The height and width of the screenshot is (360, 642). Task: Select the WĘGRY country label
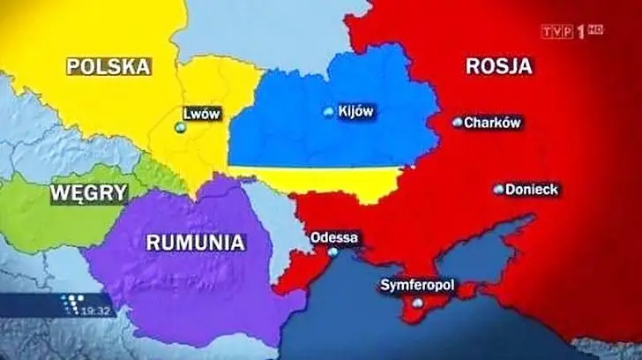pyautogui.click(x=88, y=193)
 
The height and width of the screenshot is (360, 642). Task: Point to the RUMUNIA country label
pyautogui.click(x=195, y=241)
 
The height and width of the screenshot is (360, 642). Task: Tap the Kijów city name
pyautogui.click(x=357, y=111)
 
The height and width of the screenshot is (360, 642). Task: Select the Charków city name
pyautogui.click(x=492, y=123)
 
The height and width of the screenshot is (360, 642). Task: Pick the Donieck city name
pyautogui.click(x=533, y=190)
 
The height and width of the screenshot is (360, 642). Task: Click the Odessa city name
pyautogui.click(x=334, y=237)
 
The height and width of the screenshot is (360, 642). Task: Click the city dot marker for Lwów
pyautogui.click(x=181, y=129)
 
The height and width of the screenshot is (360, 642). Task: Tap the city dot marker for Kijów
pyautogui.click(x=330, y=111)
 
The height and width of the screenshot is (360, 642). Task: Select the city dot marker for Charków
pyautogui.click(x=457, y=123)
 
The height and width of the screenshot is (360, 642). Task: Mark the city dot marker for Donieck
pyautogui.click(x=498, y=190)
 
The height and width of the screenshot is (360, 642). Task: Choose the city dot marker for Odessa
pyautogui.click(x=332, y=251)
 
